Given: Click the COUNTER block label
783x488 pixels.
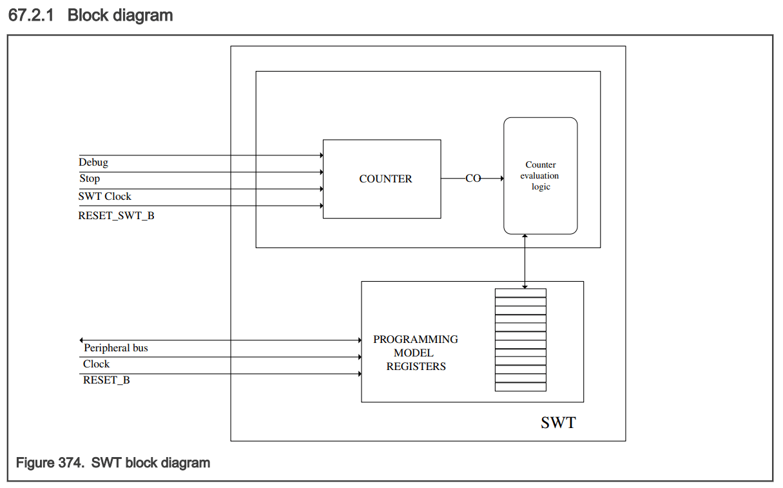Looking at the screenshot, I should (385, 179).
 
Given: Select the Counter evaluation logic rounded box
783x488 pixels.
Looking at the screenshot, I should (540, 175).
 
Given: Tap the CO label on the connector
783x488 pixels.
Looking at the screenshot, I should (473, 179).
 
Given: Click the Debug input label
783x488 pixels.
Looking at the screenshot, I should (93, 162).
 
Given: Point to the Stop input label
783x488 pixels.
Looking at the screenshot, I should (90, 179).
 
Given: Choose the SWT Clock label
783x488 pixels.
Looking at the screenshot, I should (105, 196).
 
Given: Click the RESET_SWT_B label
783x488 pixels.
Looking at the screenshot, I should (116, 215).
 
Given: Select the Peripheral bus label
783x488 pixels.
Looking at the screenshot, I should (116, 348).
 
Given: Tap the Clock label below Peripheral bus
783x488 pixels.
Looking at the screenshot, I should (96, 364).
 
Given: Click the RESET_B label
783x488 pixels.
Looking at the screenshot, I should (106, 380).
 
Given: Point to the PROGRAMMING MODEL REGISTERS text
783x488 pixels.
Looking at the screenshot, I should (416, 353).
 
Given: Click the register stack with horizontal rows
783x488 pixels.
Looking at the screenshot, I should (520, 340).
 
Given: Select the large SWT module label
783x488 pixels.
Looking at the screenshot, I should (558, 423).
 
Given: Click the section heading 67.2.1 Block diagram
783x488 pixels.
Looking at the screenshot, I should (91, 15).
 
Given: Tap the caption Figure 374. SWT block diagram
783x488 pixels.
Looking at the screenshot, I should (113, 463).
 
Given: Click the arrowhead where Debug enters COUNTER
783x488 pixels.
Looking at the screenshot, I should (320, 155).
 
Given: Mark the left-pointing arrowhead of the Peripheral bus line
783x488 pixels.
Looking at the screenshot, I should (81, 340).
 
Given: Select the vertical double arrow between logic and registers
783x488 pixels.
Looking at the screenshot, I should (525, 261).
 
